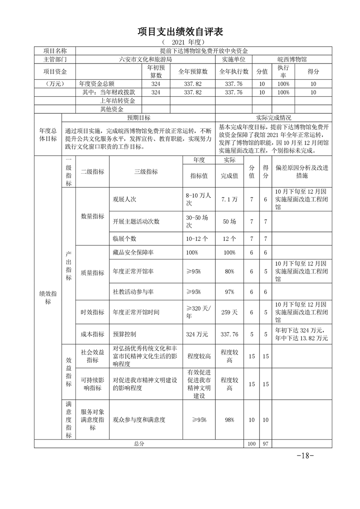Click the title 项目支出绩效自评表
click(x=180, y=32)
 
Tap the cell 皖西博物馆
click(x=292, y=59)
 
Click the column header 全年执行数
click(x=234, y=72)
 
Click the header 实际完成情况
click(x=273, y=117)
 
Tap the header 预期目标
click(x=138, y=117)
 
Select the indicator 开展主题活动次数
click(x=136, y=222)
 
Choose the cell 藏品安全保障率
click(x=132, y=252)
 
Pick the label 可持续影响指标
click(x=92, y=383)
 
